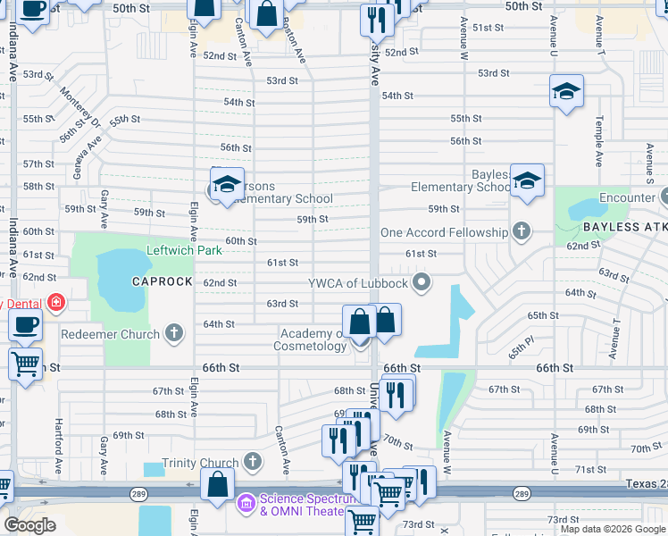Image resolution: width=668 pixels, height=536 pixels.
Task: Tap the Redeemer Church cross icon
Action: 175,334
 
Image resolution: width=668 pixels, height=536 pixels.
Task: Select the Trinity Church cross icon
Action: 253,463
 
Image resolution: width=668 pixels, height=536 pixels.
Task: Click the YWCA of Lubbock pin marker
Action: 423,284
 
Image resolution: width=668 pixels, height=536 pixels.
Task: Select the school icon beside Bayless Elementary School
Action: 527,181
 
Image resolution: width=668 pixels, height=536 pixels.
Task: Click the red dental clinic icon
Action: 55,304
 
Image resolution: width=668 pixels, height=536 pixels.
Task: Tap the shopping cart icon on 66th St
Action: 26,364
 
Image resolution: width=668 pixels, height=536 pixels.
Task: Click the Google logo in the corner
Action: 29,525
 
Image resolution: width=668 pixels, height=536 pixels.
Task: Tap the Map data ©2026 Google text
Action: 613,529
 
